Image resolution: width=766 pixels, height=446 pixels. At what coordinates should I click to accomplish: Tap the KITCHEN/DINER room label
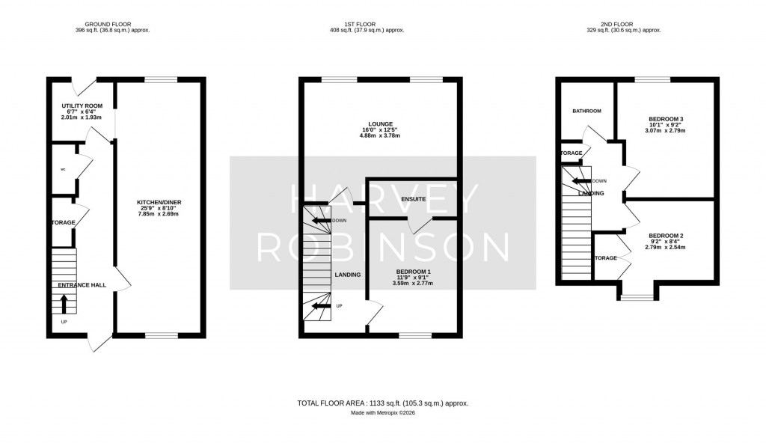(x=159, y=203)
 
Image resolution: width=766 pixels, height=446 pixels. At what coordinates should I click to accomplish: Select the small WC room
(x=62, y=169)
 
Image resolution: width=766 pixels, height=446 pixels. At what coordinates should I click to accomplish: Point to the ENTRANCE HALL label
(x=80, y=285)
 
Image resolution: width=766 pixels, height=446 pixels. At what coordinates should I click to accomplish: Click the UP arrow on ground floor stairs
(x=64, y=302)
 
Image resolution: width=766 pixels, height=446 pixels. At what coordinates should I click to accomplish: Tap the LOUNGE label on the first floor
(x=381, y=124)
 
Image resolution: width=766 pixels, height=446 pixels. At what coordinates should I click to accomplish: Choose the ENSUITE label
(x=413, y=199)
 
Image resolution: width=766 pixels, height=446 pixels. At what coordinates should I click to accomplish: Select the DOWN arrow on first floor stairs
(x=322, y=221)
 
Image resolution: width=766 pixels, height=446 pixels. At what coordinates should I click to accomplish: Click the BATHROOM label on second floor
(x=586, y=111)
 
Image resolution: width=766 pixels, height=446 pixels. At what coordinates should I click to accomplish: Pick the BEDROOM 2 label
(x=666, y=236)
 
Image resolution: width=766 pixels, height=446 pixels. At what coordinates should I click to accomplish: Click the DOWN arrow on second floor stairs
(x=580, y=181)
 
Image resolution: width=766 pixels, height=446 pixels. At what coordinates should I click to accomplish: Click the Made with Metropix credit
(x=383, y=413)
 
